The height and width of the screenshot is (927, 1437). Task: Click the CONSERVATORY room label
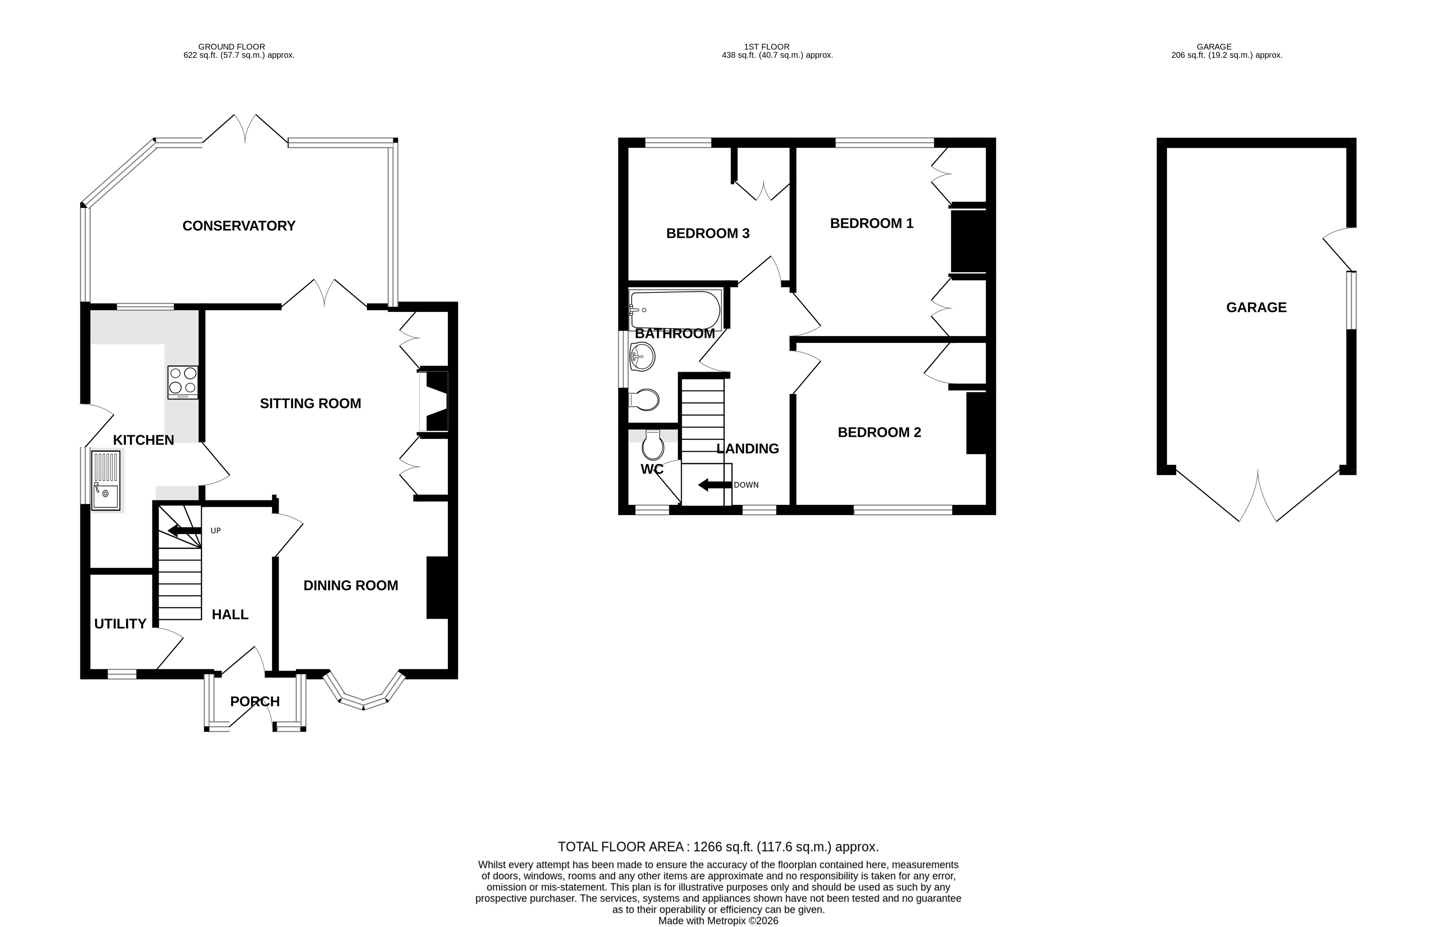tap(238, 226)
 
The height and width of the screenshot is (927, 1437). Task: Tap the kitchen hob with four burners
tap(183, 382)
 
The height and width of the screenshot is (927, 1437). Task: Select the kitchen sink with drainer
tap(106, 480)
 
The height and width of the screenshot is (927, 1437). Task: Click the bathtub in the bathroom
tap(675, 310)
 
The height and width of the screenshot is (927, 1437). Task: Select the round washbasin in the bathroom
tap(642, 357)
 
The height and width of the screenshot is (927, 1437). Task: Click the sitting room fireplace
tap(434, 401)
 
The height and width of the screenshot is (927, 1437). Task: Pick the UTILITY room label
tap(120, 624)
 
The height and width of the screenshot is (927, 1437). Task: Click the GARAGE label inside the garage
tap(1256, 308)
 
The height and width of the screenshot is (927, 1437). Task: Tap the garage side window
tap(1351, 300)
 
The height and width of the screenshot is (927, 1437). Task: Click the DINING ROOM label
tap(350, 586)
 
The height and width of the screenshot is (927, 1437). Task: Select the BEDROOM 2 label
tap(879, 432)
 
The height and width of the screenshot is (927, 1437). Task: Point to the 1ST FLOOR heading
tap(766, 46)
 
